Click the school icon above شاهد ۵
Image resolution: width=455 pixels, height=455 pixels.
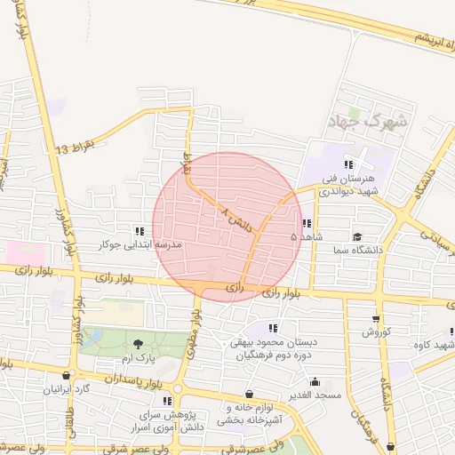pyautogui.click(x=307, y=223)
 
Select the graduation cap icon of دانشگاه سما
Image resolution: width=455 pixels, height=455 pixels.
pyautogui.click(x=357, y=237)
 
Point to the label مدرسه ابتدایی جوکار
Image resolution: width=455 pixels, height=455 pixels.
pyautogui.click(x=142, y=243)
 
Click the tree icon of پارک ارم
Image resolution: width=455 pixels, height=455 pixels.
pyautogui.click(x=137, y=344)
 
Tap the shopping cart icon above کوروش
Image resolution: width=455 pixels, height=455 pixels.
pyautogui.click(x=375, y=318)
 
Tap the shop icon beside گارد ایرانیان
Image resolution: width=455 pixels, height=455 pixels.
pyautogui.click(x=69, y=376)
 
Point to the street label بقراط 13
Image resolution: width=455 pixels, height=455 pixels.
pyautogui.click(x=75, y=145)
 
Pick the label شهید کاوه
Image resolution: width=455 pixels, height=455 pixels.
pyautogui.click(x=438, y=345)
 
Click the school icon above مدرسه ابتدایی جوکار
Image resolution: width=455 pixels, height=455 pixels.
pyautogui.click(x=138, y=230)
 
